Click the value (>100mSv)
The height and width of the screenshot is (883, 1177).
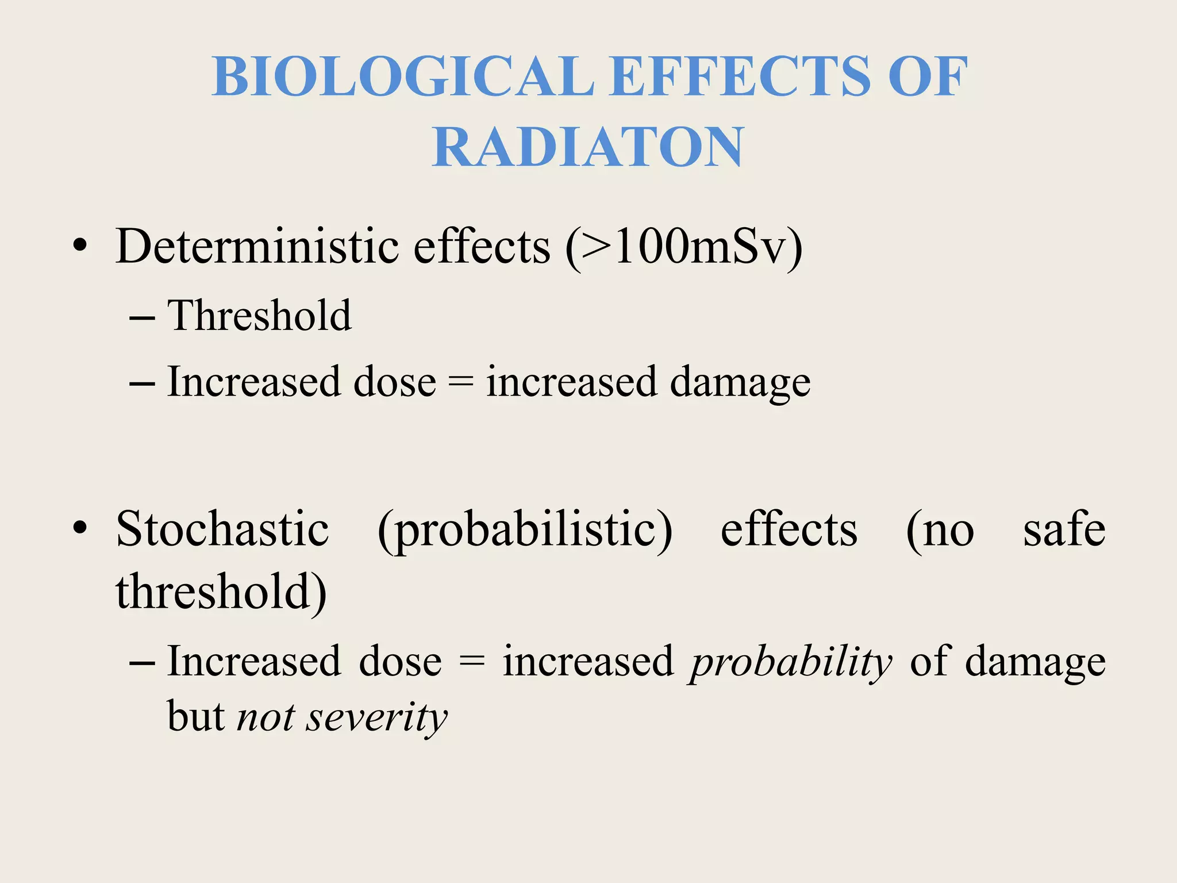pyautogui.click(x=684, y=247)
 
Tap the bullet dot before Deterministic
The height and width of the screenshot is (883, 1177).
pyautogui.click(x=80, y=247)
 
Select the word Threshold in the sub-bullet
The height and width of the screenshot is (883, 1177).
pyautogui.click(x=259, y=316)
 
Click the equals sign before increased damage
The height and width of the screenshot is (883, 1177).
pyautogui.click(x=461, y=382)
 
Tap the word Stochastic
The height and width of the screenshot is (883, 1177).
pyautogui.click(x=222, y=529)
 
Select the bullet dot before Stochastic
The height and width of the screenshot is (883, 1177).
pyautogui.click(x=80, y=528)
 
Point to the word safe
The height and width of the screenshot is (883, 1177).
pyautogui.click(x=1064, y=529)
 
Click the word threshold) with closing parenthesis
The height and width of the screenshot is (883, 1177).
pyautogui.click(x=221, y=592)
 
